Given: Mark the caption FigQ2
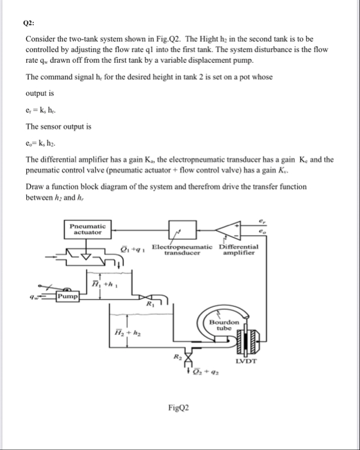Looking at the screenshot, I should click(179, 407).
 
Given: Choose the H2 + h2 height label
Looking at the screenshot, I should click(126, 332).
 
